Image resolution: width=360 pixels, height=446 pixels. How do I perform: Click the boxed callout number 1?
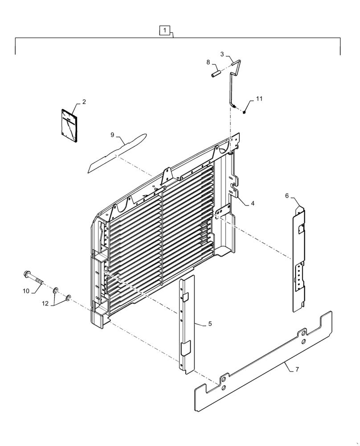(x=165, y=30)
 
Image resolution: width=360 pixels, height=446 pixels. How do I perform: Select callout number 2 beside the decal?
(x=83, y=102)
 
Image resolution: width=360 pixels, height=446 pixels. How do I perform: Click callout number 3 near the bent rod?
(x=222, y=54)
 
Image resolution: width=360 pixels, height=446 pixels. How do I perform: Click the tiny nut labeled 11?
(x=245, y=111)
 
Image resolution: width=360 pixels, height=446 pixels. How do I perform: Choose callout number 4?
(x=252, y=203)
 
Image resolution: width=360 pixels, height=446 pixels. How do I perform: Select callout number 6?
(x=287, y=195)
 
